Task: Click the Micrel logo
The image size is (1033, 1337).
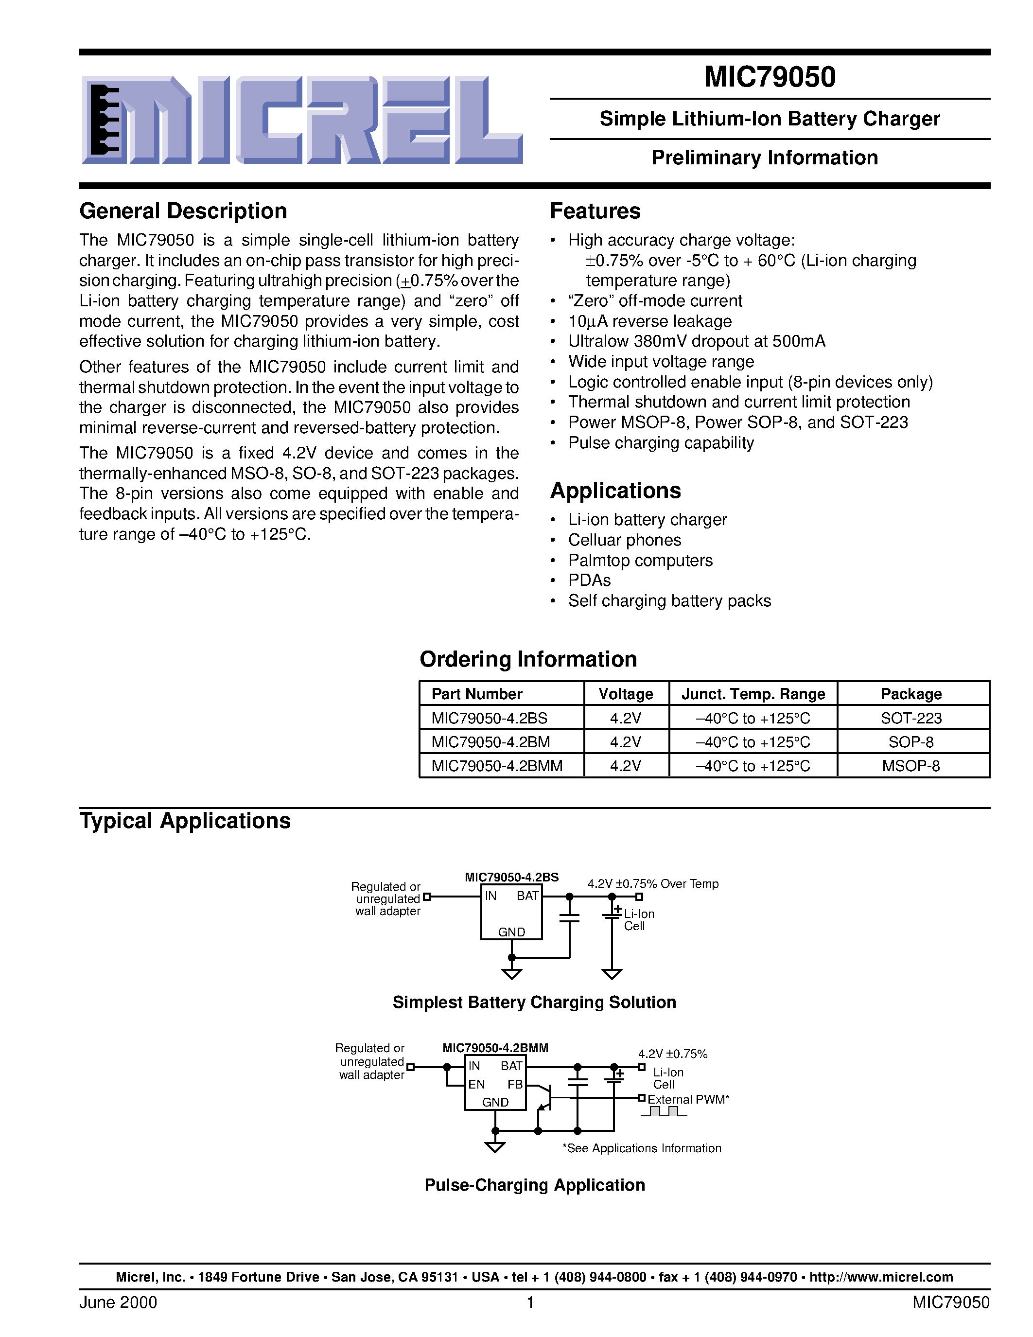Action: (x=302, y=120)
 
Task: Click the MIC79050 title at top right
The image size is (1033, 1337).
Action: (x=769, y=77)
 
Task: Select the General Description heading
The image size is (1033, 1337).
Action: (x=183, y=211)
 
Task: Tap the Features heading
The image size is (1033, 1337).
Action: (x=595, y=211)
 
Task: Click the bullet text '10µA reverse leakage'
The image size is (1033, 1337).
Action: (x=649, y=321)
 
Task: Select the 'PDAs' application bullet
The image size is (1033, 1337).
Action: (x=589, y=581)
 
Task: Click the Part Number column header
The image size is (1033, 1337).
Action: (x=477, y=694)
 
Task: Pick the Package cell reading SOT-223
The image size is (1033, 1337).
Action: (x=910, y=718)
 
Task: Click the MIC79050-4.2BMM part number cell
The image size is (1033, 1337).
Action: (x=496, y=766)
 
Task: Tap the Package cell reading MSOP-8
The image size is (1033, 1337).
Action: (x=910, y=766)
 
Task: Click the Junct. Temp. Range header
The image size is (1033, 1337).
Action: (x=753, y=694)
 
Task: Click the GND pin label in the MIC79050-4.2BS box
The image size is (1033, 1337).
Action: (x=511, y=932)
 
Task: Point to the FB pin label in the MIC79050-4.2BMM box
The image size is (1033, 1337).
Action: (x=515, y=1084)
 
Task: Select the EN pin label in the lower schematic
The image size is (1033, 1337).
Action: (x=476, y=1084)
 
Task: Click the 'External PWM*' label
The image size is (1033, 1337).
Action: (x=688, y=1099)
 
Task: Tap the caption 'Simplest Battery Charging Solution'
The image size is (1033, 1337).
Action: (x=534, y=1002)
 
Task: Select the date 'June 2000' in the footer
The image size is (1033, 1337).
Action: (x=118, y=1302)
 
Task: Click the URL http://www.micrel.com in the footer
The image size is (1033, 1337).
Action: (x=881, y=1277)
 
